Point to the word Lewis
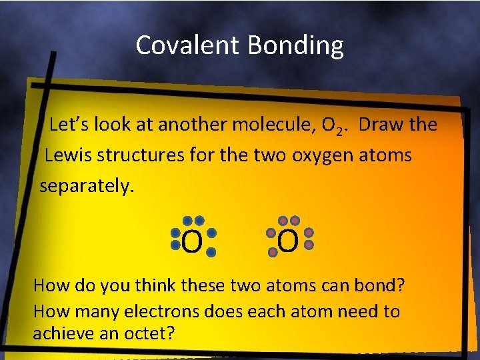click(68, 155)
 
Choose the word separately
click(87, 186)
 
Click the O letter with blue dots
click(191, 243)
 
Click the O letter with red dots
click(288, 241)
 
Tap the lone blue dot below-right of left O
click(211, 253)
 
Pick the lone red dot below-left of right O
click(273, 253)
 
